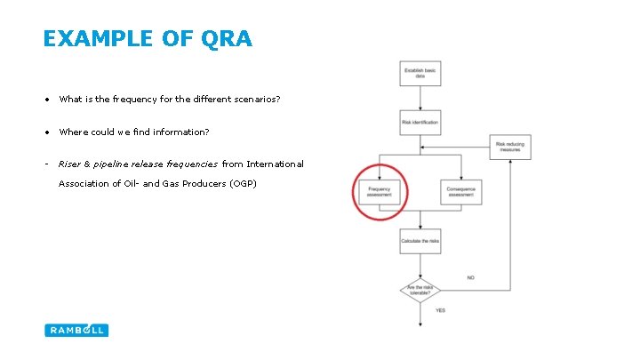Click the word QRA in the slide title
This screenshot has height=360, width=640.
pyautogui.click(x=228, y=39)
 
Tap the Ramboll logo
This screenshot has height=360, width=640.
pyautogui.click(x=76, y=330)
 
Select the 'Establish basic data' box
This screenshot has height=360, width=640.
pyautogui.click(x=420, y=74)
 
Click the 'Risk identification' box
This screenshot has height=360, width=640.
pyautogui.click(x=420, y=122)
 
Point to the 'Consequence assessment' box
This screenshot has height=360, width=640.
pyautogui.click(x=462, y=192)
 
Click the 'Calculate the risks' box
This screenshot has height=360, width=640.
pyautogui.click(x=420, y=241)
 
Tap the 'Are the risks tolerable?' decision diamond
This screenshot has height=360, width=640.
pyautogui.click(x=420, y=290)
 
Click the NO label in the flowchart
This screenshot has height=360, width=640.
pyautogui.click(x=470, y=278)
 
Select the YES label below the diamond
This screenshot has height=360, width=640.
pyautogui.click(x=441, y=310)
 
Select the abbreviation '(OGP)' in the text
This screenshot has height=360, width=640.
pyautogui.click(x=242, y=184)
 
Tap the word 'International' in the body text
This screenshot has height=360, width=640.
pyautogui.click(x=275, y=164)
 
